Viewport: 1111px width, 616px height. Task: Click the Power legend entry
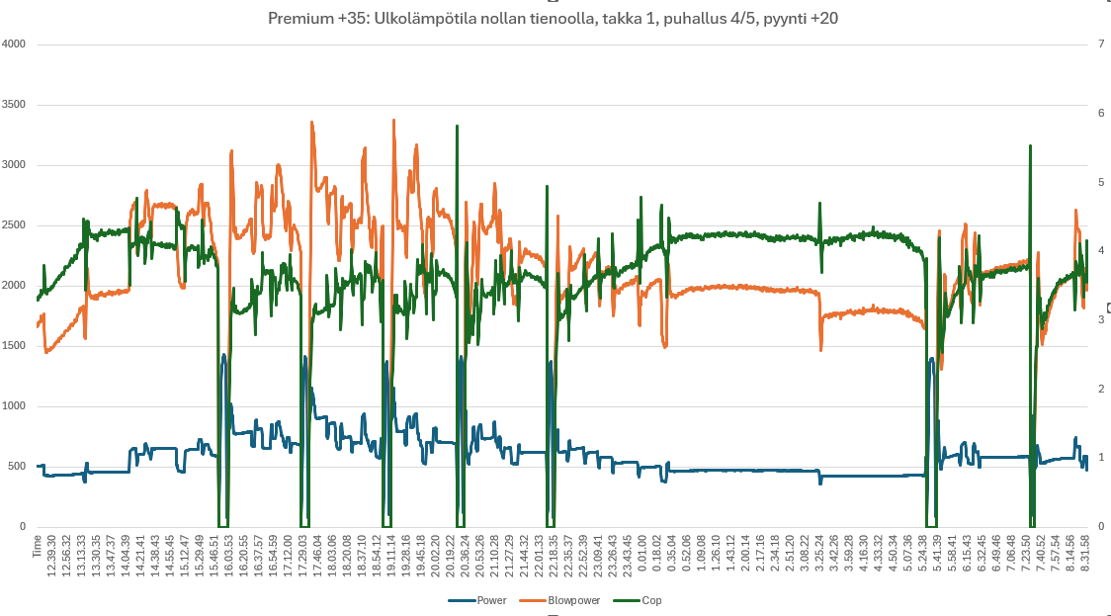pos(491,600)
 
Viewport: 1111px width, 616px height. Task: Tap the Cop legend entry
pos(651,600)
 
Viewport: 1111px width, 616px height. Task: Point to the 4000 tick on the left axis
pos(14,44)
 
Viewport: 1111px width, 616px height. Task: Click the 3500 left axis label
pos(14,105)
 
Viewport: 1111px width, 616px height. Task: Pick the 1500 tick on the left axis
pos(14,346)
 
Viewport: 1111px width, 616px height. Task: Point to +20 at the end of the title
pos(823,18)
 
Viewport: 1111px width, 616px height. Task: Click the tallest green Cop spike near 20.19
pos(457,127)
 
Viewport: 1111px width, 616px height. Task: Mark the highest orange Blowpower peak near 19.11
pos(393,121)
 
